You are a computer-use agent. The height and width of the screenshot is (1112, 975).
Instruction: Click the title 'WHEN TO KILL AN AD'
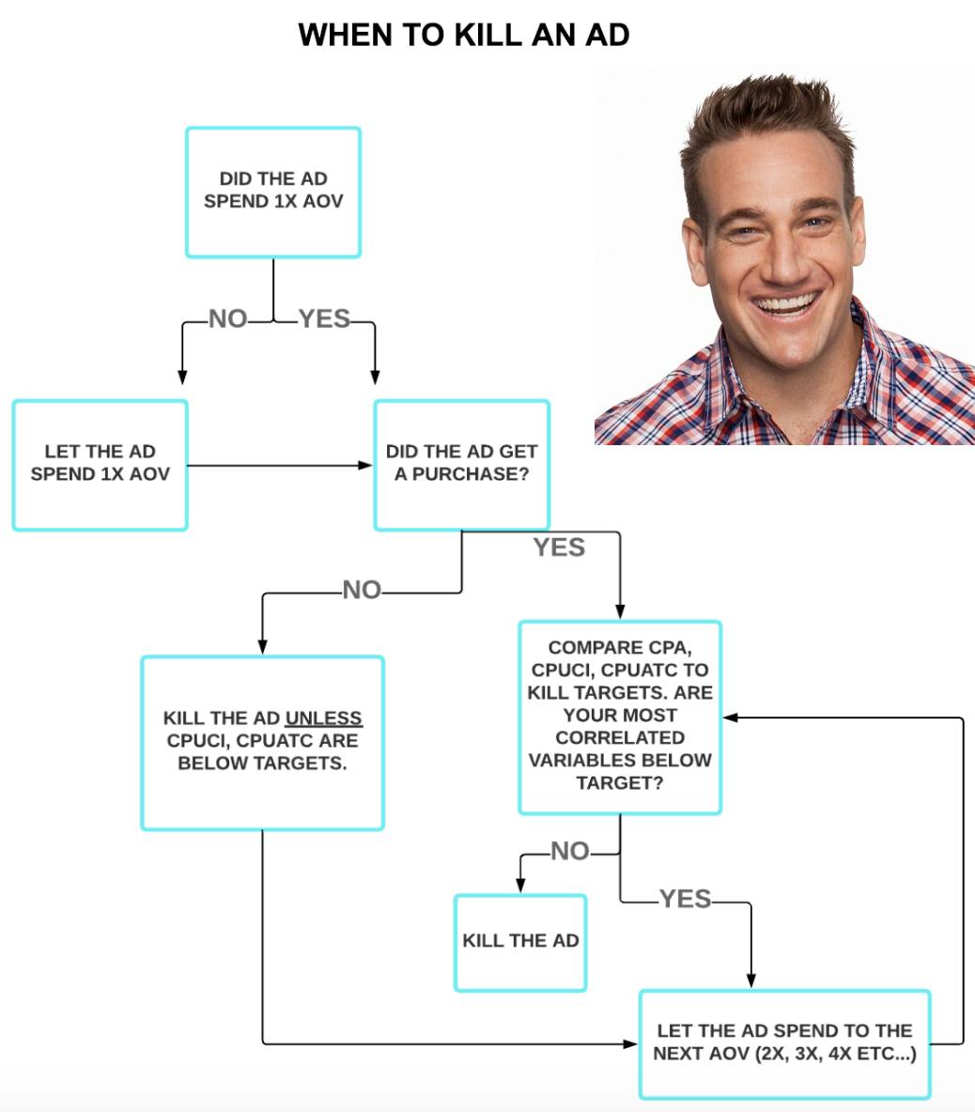[463, 35]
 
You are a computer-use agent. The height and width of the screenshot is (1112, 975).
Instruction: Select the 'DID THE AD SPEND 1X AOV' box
[273, 192]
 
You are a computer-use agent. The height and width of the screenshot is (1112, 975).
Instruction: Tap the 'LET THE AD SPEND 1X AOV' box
[100, 464]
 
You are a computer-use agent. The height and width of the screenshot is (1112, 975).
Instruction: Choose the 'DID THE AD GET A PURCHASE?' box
[461, 464]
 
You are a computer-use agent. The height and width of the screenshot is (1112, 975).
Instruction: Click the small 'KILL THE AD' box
[520, 942]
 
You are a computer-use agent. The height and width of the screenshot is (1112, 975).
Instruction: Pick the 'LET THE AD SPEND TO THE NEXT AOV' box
[784, 1042]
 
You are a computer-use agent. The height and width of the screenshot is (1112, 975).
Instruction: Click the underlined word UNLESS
[323, 718]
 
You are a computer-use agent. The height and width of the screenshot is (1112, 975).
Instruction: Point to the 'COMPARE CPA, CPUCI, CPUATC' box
[620, 716]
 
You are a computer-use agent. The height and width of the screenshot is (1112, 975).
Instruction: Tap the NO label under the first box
[227, 319]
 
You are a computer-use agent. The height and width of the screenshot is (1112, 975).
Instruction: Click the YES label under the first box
[324, 319]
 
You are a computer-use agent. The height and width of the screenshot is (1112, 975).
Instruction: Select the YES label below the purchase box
[559, 548]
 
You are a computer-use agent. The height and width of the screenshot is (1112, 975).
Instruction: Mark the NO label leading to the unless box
[362, 590]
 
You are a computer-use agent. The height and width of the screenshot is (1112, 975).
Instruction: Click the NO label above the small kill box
[570, 851]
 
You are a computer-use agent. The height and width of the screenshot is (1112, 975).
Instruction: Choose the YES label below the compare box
[685, 900]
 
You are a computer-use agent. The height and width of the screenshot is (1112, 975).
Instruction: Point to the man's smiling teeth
[787, 306]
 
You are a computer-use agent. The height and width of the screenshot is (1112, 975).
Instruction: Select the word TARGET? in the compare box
[620, 782]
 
